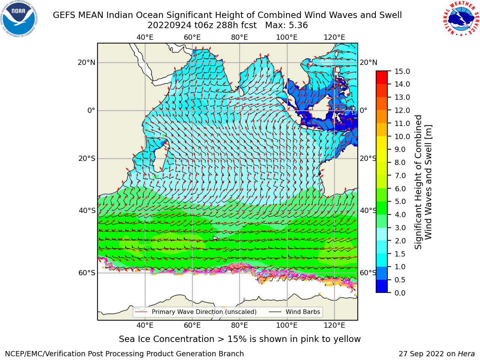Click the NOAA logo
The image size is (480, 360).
[19, 19]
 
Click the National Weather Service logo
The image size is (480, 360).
[461, 19]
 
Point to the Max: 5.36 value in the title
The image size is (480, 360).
[286, 25]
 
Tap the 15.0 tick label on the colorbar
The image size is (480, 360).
[402, 72]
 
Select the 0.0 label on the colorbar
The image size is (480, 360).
[400, 293]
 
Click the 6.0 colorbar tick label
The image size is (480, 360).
[400, 189]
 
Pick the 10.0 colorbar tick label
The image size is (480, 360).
[402, 136]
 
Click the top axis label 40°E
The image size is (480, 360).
[145, 37]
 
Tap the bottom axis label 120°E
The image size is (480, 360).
[334, 325]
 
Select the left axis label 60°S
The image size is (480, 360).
[87, 273]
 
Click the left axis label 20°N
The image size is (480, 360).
[87, 63]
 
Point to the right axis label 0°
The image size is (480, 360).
[363, 110]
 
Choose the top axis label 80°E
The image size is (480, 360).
[240, 37]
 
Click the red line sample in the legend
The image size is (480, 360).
[141, 312]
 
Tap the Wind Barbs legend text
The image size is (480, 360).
[303, 312]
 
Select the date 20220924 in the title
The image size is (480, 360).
[169, 25]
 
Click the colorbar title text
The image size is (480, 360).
[423, 182]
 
